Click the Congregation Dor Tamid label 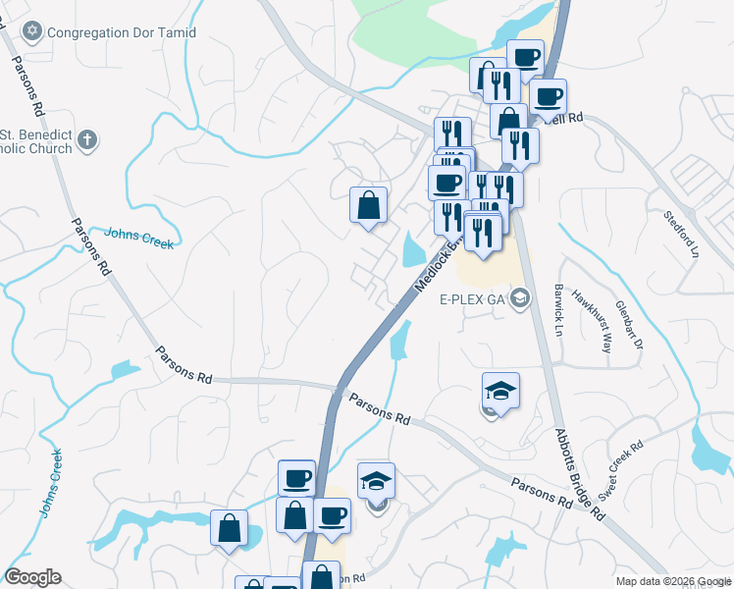124,32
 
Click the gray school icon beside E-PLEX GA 520,298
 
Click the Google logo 31,577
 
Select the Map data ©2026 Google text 673,581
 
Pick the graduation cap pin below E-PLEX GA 500,391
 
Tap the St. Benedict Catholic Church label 37,141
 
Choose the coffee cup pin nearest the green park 524,55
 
